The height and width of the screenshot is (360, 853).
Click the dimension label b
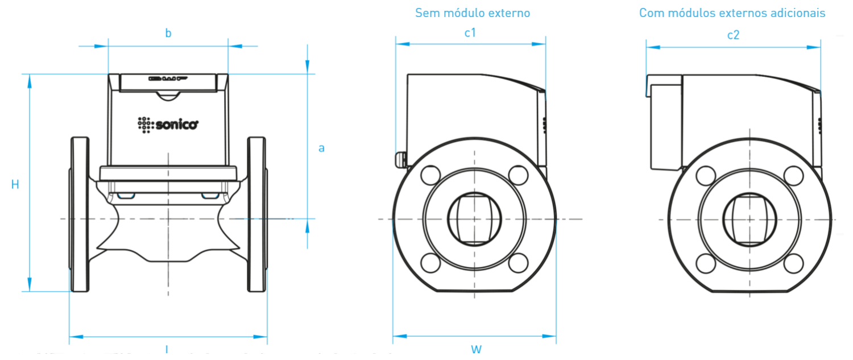168,34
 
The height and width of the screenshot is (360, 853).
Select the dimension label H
15,184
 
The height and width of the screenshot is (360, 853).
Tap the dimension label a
321,148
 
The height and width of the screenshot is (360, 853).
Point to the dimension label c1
470,33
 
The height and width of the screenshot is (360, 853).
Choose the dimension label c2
734,35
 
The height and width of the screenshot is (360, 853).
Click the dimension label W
476,348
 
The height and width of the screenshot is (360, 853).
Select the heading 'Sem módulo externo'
473,13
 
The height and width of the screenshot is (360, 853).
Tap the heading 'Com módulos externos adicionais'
732,13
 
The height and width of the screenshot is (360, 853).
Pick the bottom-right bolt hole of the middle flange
518,262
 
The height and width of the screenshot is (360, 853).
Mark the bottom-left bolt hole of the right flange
706,262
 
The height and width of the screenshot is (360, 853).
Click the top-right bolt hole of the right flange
793,175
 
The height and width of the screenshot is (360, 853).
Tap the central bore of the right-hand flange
750,219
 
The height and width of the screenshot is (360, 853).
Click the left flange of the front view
79,214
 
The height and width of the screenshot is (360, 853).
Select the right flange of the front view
257,214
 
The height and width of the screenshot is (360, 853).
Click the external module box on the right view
666,126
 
